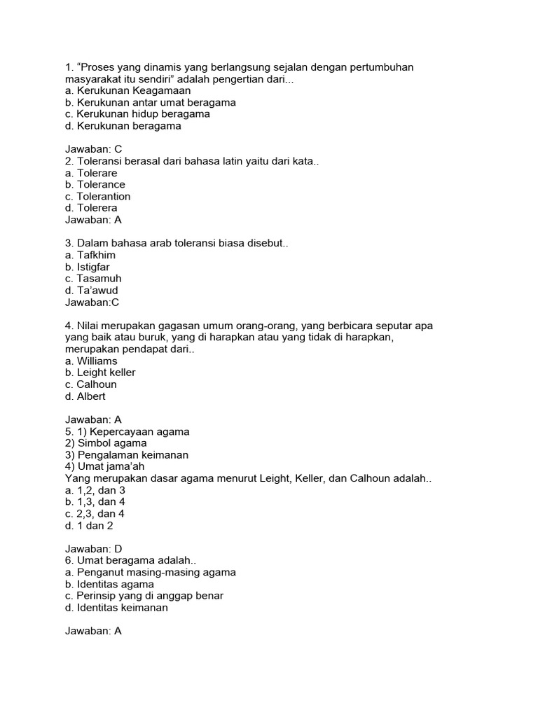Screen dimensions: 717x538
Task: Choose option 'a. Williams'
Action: click(x=91, y=361)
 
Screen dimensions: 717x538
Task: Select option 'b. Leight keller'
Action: click(x=100, y=373)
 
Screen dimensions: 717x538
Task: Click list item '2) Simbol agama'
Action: click(x=106, y=443)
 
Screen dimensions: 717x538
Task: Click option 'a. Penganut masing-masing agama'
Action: click(x=150, y=573)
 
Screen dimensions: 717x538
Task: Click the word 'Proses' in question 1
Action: click(x=98, y=67)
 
